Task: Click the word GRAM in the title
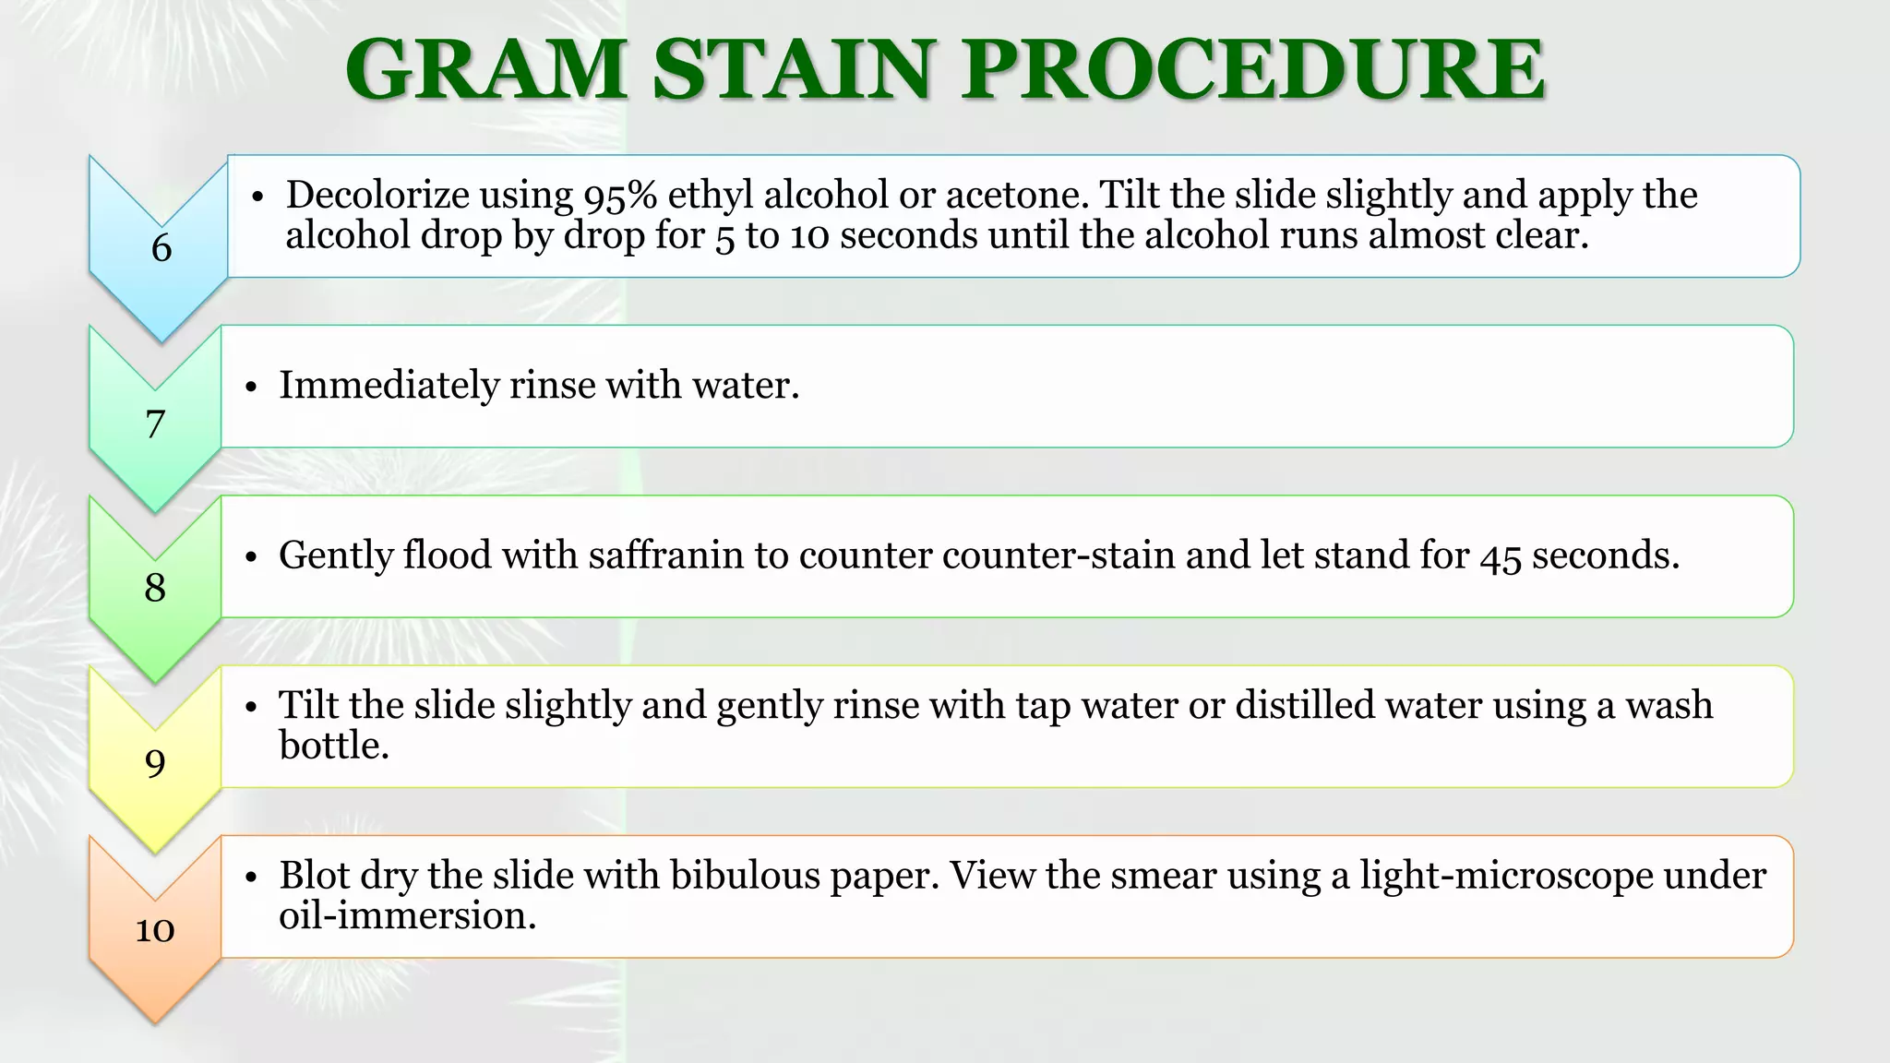click(x=486, y=70)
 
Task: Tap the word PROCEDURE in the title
click(x=1252, y=70)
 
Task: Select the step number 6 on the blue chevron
click(x=161, y=248)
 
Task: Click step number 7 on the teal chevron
click(x=155, y=424)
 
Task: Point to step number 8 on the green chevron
click(x=155, y=588)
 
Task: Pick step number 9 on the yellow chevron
click(x=155, y=763)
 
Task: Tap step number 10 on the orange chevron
click(x=155, y=928)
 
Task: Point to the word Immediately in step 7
click(x=389, y=385)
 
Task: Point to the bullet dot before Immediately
click(x=251, y=388)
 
